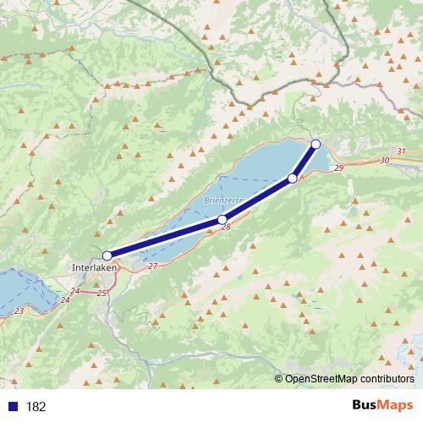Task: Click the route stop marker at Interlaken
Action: click(x=107, y=255)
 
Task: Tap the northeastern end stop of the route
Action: click(x=316, y=144)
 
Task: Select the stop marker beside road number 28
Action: click(x=222, y=220)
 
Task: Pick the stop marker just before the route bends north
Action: click(x=293, y=179)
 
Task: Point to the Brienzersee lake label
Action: click(x=223, y=201)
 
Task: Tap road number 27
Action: click(x=152, y=266)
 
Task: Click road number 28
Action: click(x=227, y=228)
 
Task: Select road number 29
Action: click(x=339, y=170)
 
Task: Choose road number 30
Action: click(x=385, y=160)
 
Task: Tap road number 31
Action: click(x=400, y=151)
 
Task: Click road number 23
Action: click(x=19, y=311)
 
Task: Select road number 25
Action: click(x=102, y=293)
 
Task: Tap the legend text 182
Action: click(x=36, y=407)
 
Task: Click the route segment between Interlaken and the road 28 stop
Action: click(x=165, y=238)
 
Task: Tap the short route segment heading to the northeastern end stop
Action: click(x=305, y=161)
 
